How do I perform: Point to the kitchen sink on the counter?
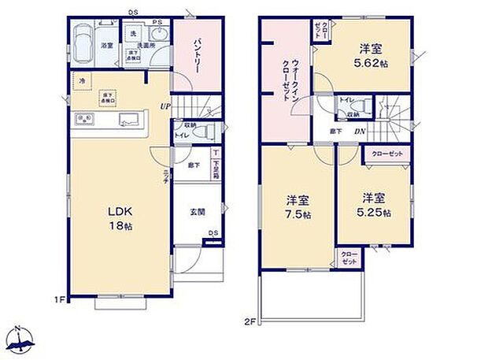coord(129,119)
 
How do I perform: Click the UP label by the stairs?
coord(165,106)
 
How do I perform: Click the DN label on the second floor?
coord(358,132)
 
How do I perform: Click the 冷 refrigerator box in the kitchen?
coord(81,80)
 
